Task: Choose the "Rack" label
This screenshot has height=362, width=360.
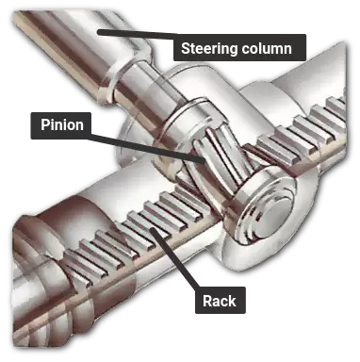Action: pos(219,302)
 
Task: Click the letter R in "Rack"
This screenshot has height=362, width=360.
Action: pos(206,302)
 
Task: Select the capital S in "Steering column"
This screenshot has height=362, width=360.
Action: pos(185,48)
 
